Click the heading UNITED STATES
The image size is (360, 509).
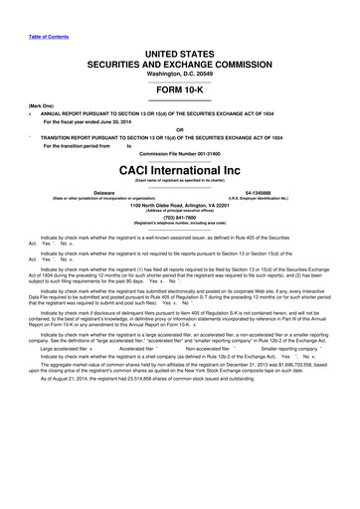pos(181,50)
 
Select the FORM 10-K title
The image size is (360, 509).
pos(180,86)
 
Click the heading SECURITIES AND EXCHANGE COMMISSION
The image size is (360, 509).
pos(180,61)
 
